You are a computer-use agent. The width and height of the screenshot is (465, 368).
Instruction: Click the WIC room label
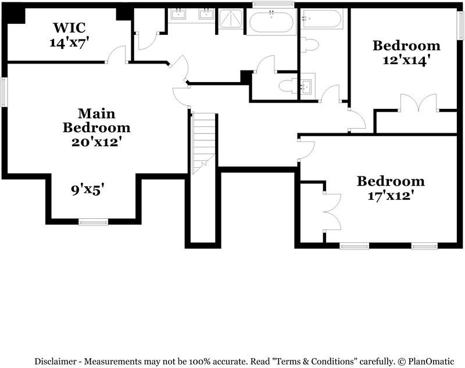(x=71, y=27)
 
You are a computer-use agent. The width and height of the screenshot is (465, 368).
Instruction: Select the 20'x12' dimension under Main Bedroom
(x=96, y=141)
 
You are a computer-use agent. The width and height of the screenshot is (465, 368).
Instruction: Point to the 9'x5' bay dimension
(x=87, y=189)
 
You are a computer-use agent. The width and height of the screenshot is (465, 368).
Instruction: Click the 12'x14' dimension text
(x=406, y=59)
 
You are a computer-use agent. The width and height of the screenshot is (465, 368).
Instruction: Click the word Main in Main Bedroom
(x=96, y=113)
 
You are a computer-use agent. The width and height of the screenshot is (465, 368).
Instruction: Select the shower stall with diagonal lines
(x=233, y=21)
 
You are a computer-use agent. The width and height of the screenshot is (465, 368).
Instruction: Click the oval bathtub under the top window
(x=271, y=23)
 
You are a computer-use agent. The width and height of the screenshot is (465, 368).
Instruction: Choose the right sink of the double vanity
(x=206, y=15)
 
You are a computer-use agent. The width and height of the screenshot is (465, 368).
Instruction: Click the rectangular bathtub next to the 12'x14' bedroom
(x=322, y=20)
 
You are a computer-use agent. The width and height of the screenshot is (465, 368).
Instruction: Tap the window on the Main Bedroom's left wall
(x=3, y=93)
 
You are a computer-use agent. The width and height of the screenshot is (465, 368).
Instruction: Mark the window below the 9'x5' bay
(x=93, y=221)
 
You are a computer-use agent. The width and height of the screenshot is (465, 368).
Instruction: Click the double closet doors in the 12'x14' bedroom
(x=417, y=102)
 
